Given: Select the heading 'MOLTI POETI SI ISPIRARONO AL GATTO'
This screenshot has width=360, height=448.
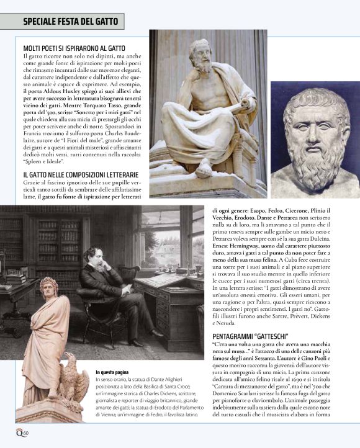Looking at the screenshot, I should click(74, 48).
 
